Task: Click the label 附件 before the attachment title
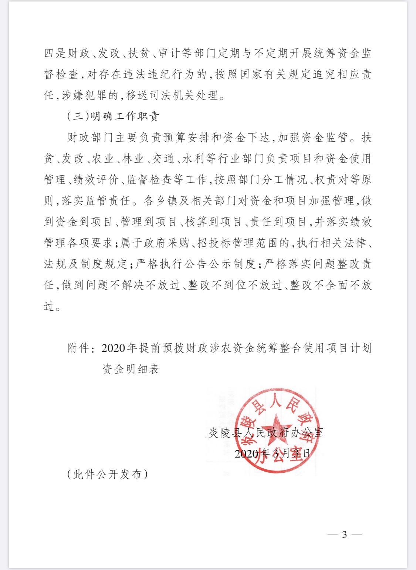point(78,348)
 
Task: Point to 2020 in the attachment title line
point(113,348)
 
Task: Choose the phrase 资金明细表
point(131,369)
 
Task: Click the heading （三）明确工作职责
point(113,116)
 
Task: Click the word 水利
point(193,159)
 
